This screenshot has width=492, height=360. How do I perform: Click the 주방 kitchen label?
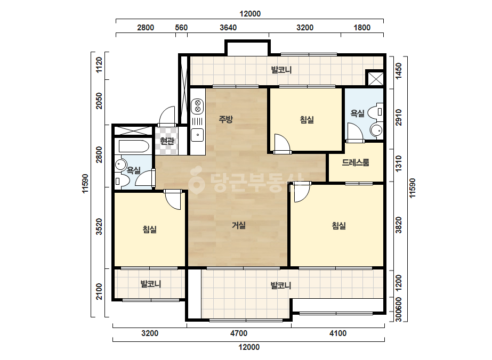click(225, 119)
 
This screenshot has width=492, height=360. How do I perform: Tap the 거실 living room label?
click(238, 225)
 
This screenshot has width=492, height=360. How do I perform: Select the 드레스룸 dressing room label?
click(355, 162)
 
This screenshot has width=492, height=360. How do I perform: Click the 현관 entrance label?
click(167, 141)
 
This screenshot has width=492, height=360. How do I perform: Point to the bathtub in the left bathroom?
click(134, 146)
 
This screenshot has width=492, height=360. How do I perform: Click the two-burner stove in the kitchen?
click(198, 105)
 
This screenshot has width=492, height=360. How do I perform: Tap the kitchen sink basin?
click(198, 135)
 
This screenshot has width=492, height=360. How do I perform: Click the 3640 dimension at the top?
click(228, 28)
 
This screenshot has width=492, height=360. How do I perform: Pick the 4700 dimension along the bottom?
click(239, 333)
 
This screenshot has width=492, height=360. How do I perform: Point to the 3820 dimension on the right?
click(399, 225)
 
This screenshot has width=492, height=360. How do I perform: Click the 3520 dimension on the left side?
click(99, 226)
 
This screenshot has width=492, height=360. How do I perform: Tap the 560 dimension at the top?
click(181, 28)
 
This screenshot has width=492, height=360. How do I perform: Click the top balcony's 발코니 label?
click(281, 70)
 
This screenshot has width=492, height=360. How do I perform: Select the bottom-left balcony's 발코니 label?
click(151, 284)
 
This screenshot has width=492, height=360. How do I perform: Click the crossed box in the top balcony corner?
click(375, 78)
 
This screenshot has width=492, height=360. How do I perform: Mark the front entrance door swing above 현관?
click(167, 117)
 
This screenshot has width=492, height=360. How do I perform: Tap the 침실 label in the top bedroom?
click(307, 119)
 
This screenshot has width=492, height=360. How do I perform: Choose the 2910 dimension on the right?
click(399, 117)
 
